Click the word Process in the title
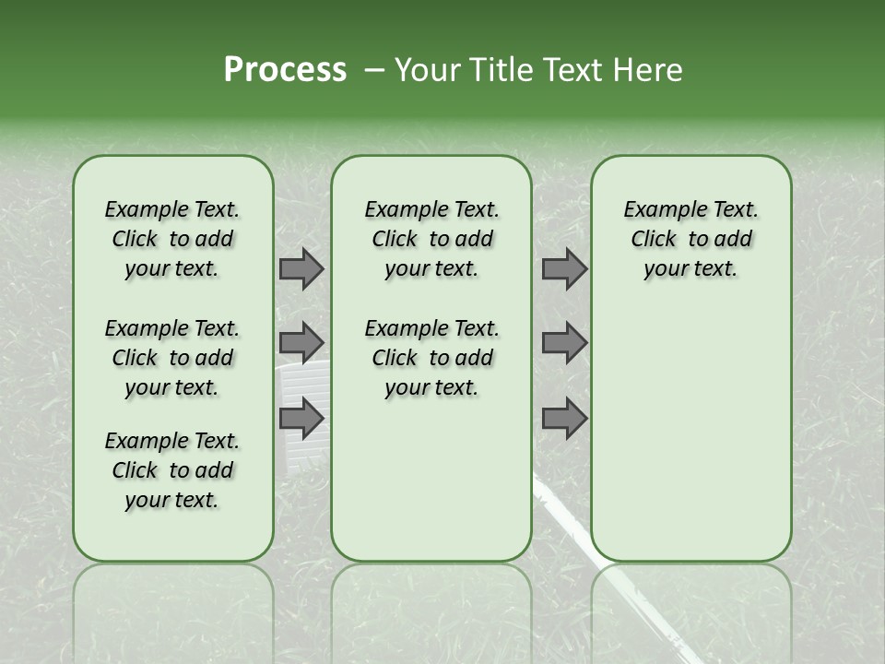285,70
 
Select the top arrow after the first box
301,269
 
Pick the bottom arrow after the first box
301,420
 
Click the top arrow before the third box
564,269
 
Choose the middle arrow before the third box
564,343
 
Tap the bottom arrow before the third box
564,420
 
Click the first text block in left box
172,239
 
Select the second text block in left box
172,358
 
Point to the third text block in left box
172,470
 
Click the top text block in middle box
431,239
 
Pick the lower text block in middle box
431,358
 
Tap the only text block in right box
690,239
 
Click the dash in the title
374,71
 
